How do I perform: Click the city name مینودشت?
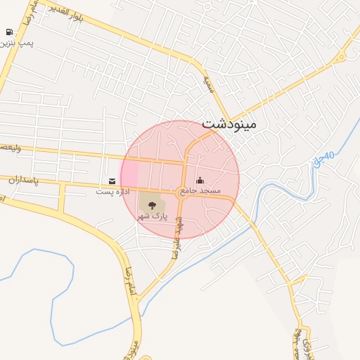[229, 124]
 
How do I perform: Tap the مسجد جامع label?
[200, 191]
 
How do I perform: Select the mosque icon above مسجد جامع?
[200, 180]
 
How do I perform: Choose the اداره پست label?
[112, 191]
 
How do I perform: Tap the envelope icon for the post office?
[112, 181]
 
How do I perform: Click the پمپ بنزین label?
[17, 44]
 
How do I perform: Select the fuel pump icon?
[8, 32]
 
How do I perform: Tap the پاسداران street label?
[22, 180]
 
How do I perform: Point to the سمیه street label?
[207, 84]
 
